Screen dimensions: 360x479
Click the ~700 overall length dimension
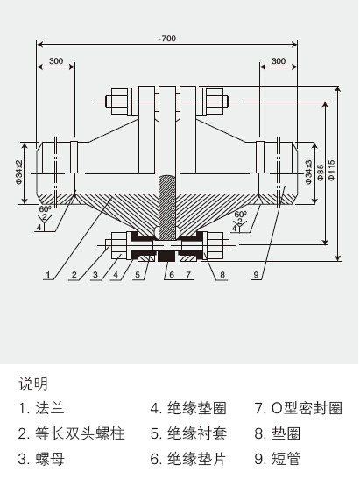166,39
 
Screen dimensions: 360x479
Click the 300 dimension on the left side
56,61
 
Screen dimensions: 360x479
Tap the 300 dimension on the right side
279,61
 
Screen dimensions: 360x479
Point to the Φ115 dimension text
332,170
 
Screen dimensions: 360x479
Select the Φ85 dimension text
320,173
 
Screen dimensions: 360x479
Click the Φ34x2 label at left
19,172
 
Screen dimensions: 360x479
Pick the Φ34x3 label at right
308,172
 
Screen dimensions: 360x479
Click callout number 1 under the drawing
48,275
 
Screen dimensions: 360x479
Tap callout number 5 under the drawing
138,275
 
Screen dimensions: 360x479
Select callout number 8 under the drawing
222,275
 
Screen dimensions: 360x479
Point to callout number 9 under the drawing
256,275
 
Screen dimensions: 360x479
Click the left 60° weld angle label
45,209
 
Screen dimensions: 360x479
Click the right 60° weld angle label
241,215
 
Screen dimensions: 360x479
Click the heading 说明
33,384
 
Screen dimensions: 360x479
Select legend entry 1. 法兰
41,408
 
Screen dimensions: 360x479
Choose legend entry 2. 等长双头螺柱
72,433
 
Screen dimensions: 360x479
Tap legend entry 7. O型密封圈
298,408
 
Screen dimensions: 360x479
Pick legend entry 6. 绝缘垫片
188,459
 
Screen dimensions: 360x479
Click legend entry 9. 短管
278,459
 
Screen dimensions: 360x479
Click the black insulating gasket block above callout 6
166,257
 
